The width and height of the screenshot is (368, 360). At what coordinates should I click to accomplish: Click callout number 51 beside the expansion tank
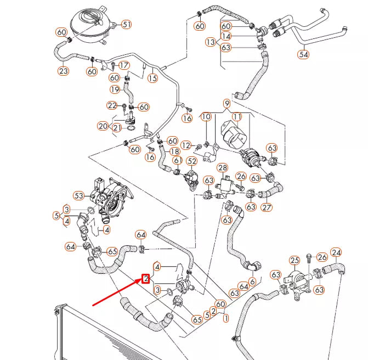127,24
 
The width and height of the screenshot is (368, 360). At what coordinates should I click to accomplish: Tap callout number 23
63,71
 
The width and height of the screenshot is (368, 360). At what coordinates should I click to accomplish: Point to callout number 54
303,54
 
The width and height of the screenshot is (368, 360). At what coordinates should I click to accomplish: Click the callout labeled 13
211,42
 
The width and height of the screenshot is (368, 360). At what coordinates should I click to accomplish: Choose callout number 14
226,36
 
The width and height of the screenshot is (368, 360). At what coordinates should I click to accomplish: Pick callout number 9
227,103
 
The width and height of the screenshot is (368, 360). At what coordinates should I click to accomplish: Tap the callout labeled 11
237,117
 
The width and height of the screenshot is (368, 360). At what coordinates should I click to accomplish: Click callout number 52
191,161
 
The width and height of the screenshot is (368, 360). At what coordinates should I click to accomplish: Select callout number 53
79,195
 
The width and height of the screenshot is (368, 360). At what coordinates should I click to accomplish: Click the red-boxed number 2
146,279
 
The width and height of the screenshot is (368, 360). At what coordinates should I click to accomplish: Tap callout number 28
223,167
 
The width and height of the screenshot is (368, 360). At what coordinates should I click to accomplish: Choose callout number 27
267,207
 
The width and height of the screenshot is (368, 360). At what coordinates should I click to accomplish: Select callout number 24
336,252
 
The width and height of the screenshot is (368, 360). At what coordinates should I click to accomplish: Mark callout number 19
115,89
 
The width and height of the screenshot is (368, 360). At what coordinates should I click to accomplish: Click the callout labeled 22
112,105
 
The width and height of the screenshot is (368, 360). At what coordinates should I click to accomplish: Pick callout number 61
178,160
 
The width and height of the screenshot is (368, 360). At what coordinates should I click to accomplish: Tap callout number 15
152,78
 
